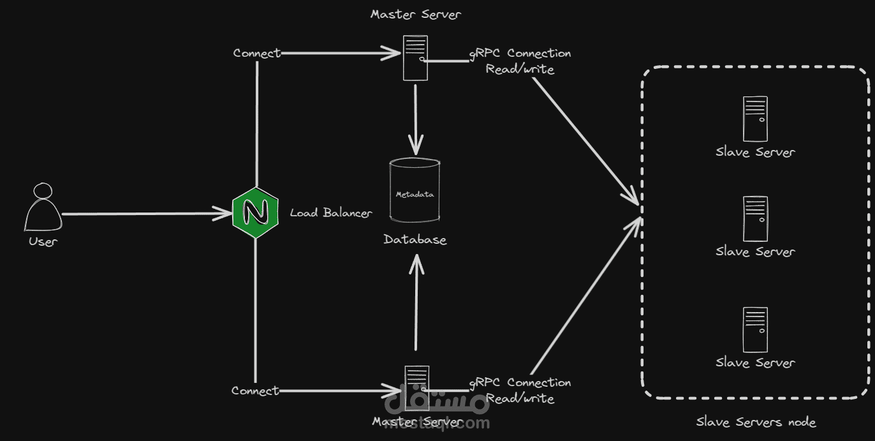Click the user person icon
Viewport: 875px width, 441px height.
[x=43, y=208]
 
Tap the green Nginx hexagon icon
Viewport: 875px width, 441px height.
[x=255, y=214]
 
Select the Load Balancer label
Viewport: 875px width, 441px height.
[x=330, y=213]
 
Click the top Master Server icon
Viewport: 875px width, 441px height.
[x=415, y=58]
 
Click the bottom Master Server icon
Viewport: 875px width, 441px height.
[x=416, y=380]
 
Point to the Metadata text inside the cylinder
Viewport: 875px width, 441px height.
[x=415, y=194]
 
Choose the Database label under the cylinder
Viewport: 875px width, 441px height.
[x=415, y=240]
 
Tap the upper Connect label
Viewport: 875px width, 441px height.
[x=256, y=53]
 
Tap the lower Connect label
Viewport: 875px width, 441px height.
[x=255, y=391]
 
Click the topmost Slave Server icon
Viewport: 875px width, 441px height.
[x=755, y=119]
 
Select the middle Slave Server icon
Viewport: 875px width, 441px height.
[x=755, y=219]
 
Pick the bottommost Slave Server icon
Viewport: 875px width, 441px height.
[x=755, y=330]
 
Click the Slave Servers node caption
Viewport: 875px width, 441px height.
[x=756, y=422]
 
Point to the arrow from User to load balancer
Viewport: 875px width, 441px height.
[x=147, y=214]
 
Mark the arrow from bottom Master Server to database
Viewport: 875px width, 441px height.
[x=416, y=303]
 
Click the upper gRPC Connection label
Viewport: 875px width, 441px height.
[x=520, y=54]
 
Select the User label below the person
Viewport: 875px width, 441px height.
[x=43, y=242]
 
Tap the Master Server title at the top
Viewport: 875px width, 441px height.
[x=415, y=14]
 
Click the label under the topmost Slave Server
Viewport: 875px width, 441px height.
[x=755, y=153]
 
